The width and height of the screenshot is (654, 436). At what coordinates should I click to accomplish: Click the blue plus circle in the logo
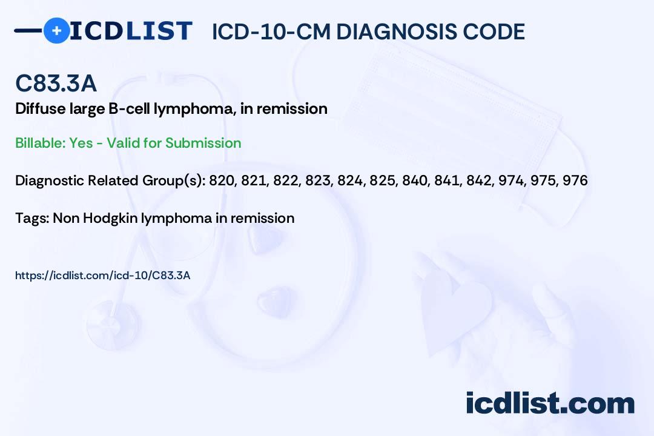coord(57,31)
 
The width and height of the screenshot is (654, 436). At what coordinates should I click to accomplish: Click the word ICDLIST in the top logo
coord(131,31)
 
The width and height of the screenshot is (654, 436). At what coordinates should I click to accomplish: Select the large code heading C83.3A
coord(56,83)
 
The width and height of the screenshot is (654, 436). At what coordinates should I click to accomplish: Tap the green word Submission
coord(203,143)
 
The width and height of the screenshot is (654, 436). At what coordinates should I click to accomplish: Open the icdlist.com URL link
coord(102,276)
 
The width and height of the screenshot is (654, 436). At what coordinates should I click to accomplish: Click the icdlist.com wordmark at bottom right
coord(550,403)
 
